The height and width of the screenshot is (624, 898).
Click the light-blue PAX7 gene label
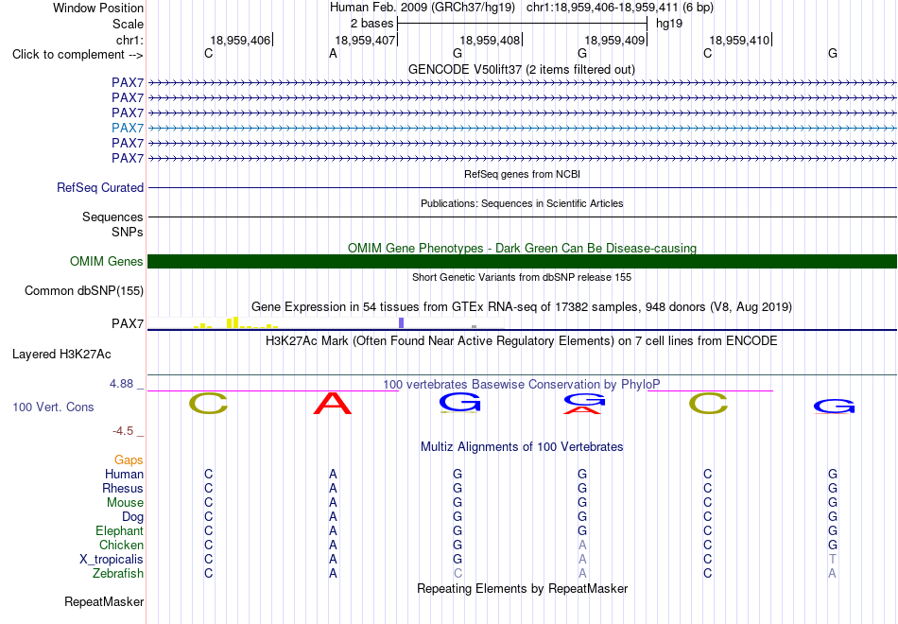point(128,128)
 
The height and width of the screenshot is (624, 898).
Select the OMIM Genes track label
point(107,261)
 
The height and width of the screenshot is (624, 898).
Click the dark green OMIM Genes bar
point(522,261)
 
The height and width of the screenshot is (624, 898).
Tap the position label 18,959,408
point(490,40)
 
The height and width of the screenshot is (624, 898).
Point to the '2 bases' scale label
point(372,24)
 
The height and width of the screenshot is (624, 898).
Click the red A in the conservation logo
point(333,404)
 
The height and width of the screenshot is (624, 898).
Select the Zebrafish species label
point(118,573)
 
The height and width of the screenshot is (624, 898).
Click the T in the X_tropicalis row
point(832,560)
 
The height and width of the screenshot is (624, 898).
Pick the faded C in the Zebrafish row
point(458,573)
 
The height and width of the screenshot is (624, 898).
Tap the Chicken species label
point(121,545)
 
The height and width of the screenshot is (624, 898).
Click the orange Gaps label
point(129,460)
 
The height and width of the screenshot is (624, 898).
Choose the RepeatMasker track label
point(104,601)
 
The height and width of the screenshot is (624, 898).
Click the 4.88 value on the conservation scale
point(121,383)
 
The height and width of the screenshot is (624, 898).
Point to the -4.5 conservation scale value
point(123,430)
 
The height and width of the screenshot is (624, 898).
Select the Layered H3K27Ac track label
point(61,355)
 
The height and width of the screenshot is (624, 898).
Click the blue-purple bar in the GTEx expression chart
point(402,322)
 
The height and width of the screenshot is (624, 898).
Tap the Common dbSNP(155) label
point(84,291)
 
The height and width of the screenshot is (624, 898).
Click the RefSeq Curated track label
point(100,187)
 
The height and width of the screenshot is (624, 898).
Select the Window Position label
point(98,8)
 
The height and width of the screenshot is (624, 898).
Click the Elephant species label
point(120,530)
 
